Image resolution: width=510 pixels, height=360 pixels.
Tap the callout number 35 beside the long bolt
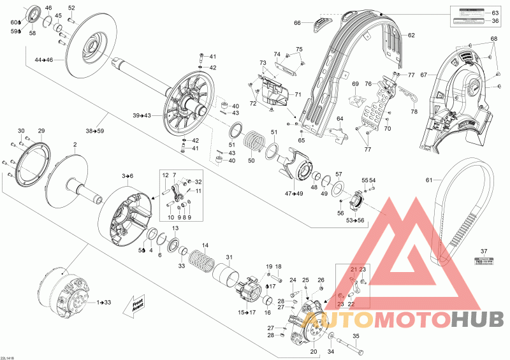[x=356, y=336]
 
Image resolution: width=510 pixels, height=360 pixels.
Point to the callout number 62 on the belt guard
[x=411, y=35]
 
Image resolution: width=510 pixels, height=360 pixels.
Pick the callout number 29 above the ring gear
[x=42, y=131]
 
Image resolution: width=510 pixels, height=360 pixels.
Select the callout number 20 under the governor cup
[x=313, y=350]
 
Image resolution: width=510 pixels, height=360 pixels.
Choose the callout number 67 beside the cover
[x=421, y=75]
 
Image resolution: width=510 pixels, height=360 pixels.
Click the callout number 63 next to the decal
[x=495, y=13]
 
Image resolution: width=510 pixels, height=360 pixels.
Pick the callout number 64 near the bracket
[x=340, y=119]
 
